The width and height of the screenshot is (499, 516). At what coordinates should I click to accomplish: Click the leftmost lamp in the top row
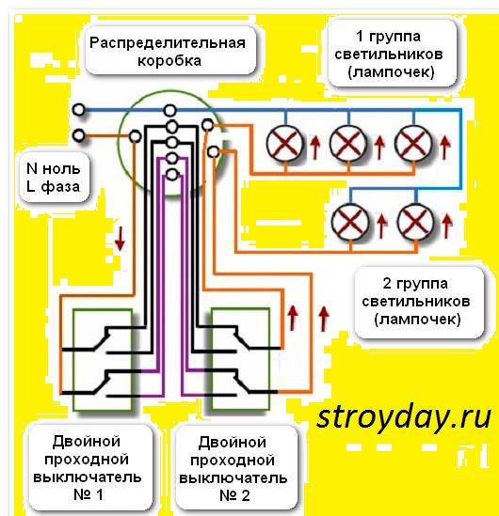284,143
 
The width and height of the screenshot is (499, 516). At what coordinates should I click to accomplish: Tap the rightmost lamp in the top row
412,143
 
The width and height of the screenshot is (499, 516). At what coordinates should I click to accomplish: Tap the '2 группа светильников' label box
416,300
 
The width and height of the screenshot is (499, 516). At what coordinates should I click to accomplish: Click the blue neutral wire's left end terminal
78,110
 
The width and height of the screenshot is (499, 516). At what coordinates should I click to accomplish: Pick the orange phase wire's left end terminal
78,136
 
